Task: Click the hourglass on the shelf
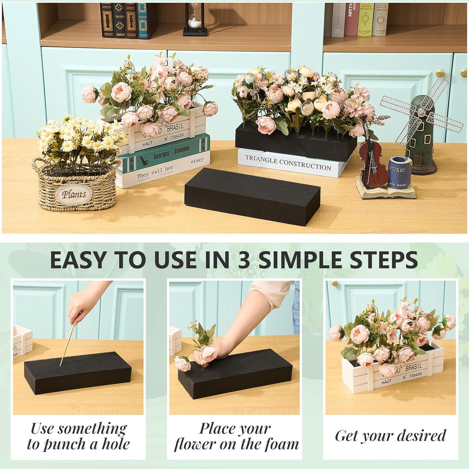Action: pyautogui.click(x=195, y=19)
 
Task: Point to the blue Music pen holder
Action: pyautogui.click(x=400, y=172)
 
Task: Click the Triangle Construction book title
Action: pyautogui.click(x=288, y=163)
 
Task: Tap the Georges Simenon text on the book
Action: pyautogui.click(x=171, y=153)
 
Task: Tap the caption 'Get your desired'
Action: pyautogui.click(x=390, y=436)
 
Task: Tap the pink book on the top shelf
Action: pyautogui.click(x=351, y=19)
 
